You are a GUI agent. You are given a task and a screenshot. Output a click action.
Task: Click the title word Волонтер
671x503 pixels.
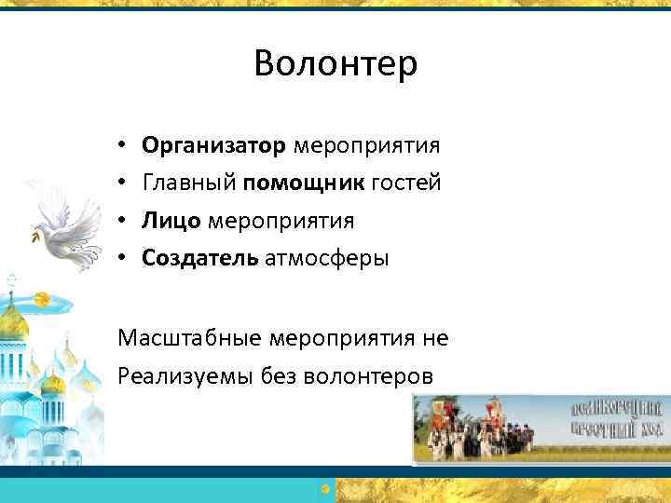tap(335, 63)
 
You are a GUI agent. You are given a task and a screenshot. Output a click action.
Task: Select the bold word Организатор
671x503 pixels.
tap(213, 146)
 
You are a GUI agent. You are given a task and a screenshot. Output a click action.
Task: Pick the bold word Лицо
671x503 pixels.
tap(171, 221)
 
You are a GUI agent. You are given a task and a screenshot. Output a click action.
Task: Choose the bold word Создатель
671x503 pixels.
tap(199, 258)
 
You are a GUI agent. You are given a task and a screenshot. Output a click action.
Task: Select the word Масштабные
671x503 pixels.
tap(190, 338)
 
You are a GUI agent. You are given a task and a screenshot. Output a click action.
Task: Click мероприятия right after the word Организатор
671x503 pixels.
tap(367, 146)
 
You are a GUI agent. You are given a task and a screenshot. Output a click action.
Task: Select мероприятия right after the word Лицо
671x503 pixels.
tap(281, 221)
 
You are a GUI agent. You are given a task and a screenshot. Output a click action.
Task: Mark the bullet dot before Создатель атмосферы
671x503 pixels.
tap(123, 259)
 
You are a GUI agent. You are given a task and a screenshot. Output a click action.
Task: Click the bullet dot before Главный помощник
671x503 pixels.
tap(123, 184)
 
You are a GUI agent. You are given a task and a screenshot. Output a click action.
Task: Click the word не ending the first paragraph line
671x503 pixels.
tap(435, 338)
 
